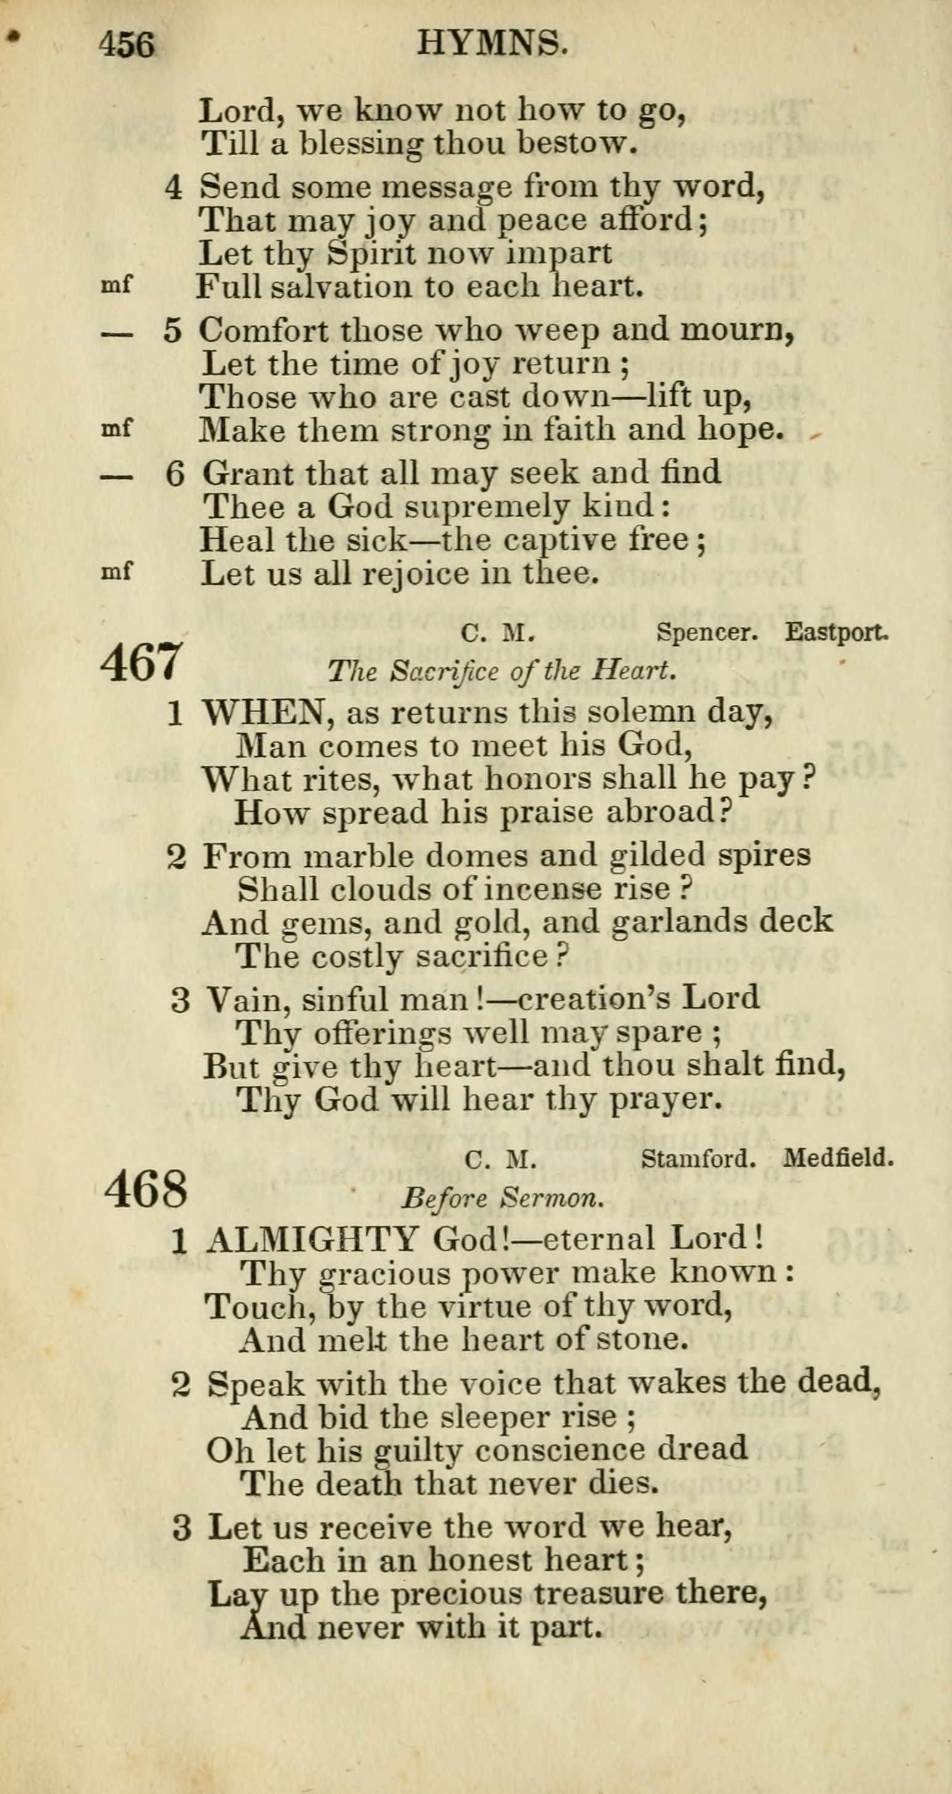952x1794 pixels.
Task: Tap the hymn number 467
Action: coord(142,663)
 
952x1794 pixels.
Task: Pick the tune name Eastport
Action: coord(836,632)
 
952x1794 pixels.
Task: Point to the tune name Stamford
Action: coord(698,1158)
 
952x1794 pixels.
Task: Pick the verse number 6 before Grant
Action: coord(175,474)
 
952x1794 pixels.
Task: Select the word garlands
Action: coord(679,922)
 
